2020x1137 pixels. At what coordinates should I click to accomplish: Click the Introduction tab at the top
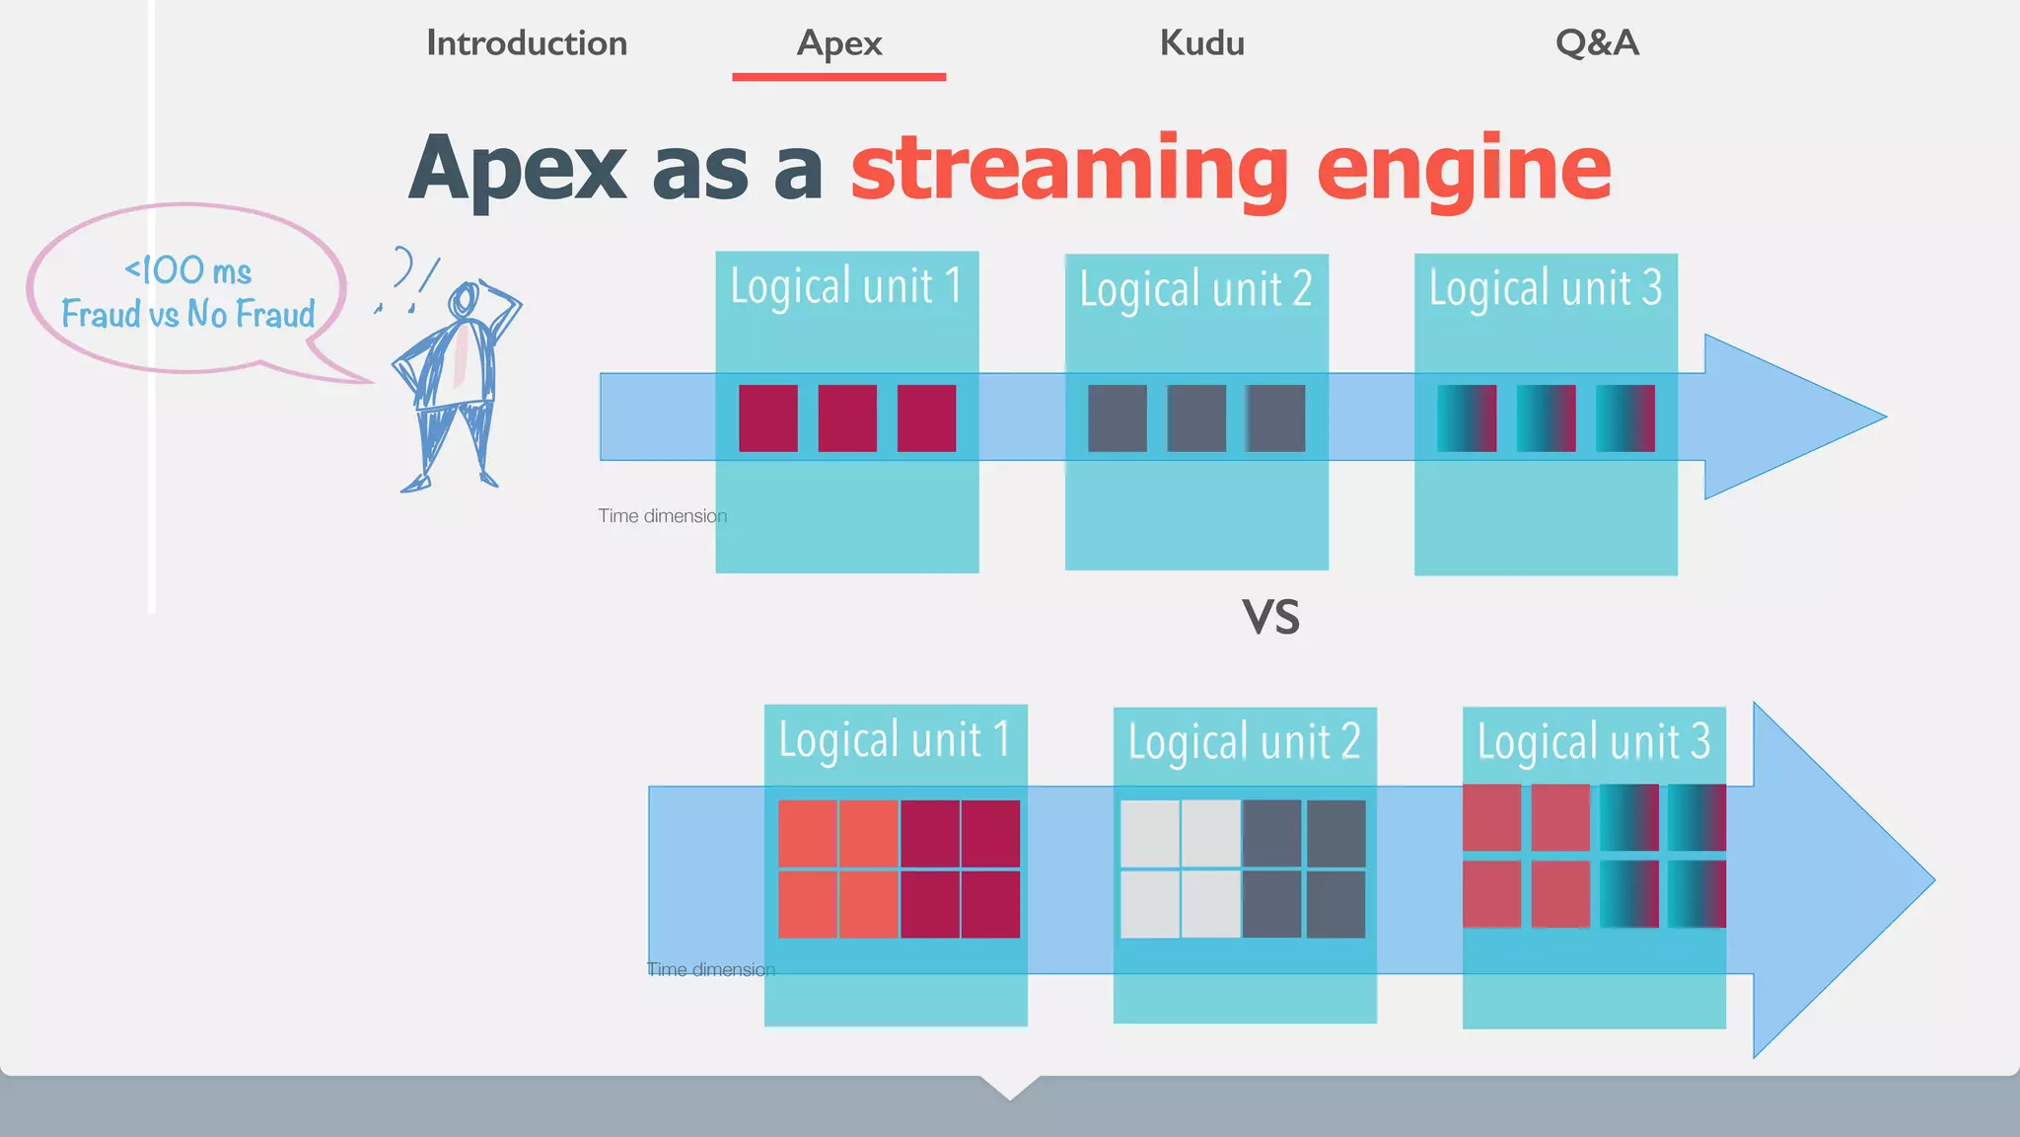tap(527, 43)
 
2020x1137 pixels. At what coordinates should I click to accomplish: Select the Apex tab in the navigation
tap(839, 43)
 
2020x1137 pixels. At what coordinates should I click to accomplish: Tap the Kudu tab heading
tap(1201, 43)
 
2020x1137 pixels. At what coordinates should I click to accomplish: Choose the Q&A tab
tap(1597, 43)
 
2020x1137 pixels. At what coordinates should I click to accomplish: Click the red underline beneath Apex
tap(839, 77)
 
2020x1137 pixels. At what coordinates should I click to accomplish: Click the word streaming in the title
tap(1070, 168)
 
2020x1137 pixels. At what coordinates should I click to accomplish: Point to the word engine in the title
tap(1464, 168)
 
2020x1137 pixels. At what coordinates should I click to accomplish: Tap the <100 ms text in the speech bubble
tap(187, 270)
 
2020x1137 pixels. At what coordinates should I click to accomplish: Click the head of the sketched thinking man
tap(464, 299)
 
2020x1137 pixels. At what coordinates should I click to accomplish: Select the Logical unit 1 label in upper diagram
tap(846, 286)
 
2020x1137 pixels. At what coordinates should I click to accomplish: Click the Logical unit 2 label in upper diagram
tap(1195, 289)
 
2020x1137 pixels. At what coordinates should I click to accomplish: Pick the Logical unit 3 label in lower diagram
tap(1594, 741)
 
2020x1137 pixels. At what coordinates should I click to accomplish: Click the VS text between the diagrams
tap(1270, 618)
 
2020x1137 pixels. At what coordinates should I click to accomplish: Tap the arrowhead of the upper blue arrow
tap(1785, 417)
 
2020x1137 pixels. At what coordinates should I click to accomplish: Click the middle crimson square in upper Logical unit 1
tap(847, 418)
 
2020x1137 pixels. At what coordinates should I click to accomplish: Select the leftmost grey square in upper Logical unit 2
tap(1118, 418)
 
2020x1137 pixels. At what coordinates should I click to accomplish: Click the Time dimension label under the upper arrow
tap(662, 516)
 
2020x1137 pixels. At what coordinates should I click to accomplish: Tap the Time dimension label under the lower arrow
tap(710, 970)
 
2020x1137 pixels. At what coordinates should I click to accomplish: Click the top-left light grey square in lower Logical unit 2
tap(1150, 834)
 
